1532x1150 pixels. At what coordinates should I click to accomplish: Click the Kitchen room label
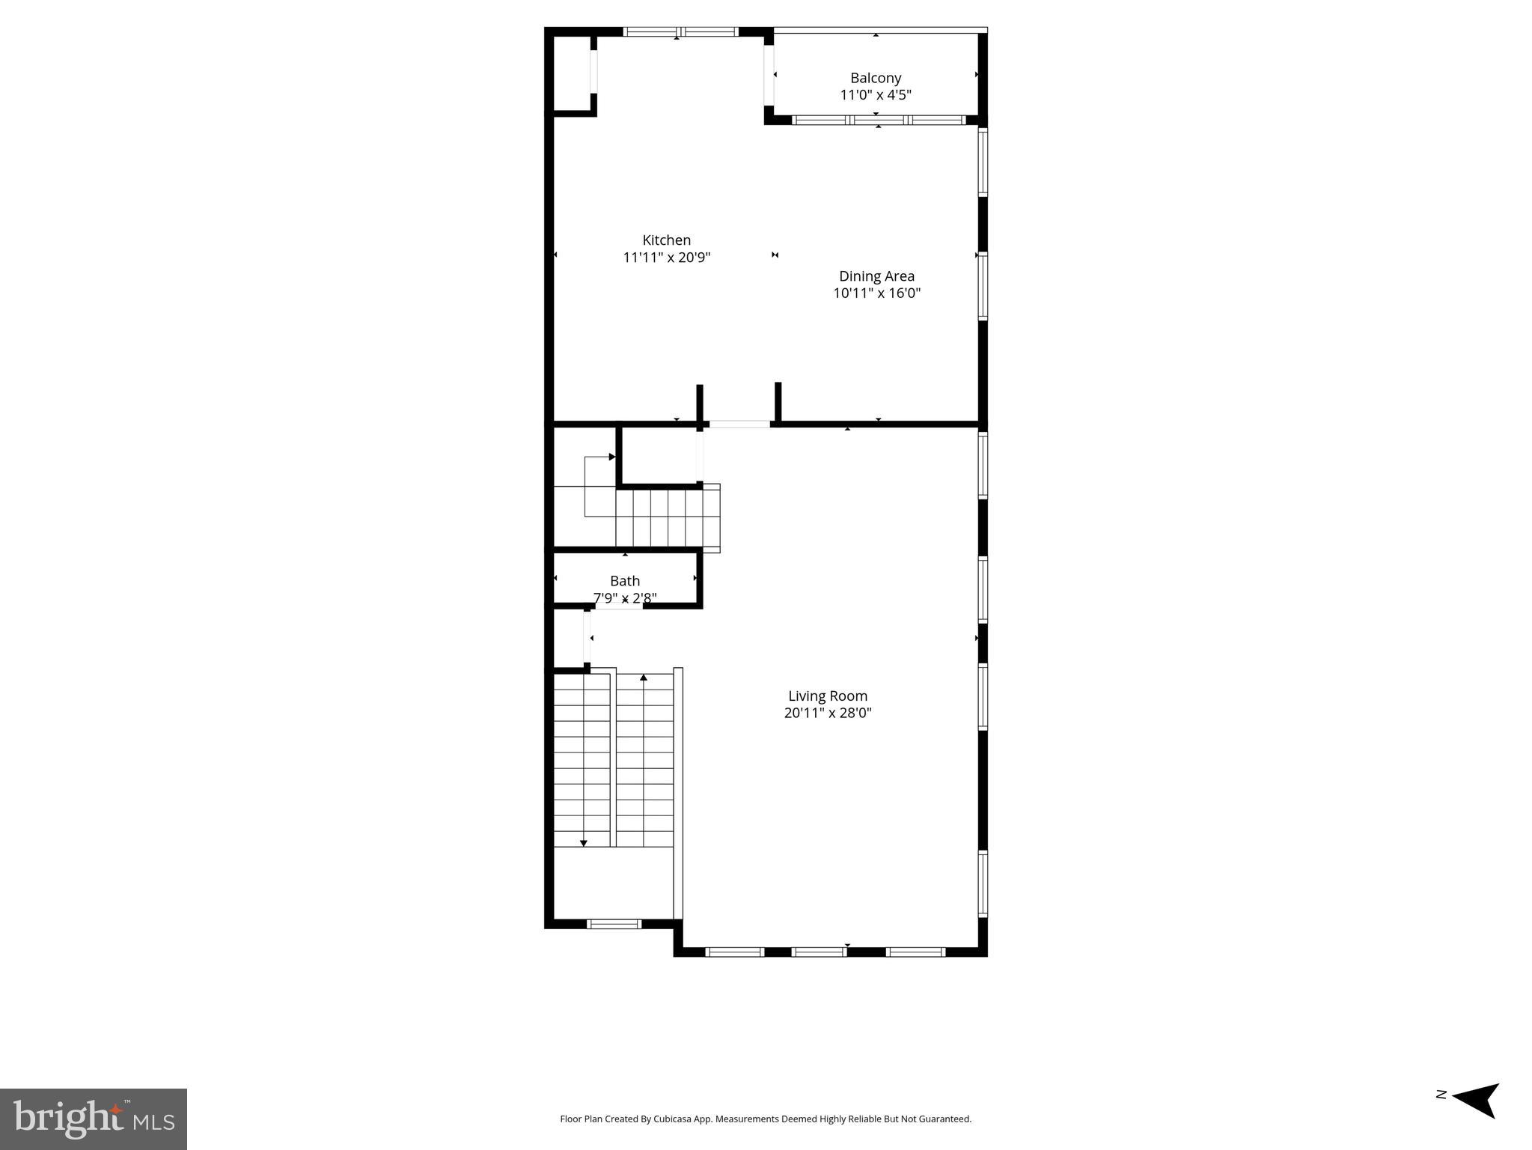tap(666, 240)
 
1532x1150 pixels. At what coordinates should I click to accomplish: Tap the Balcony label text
tap(875, 78)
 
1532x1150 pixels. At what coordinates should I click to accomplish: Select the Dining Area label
tap(876, 276)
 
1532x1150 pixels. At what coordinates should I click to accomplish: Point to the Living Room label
tap(827, 696)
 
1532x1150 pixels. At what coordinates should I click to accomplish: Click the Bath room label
tap(625, 581)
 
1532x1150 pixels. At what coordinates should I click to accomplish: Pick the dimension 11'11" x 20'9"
tap(666, 258)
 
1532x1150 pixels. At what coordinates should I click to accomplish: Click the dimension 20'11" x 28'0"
tap(827, 713)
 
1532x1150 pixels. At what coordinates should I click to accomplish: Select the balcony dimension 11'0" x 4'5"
tap(875, 95)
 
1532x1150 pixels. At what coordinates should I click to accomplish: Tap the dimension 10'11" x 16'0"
tap(876, 293)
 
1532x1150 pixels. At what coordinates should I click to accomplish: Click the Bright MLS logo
tap(94, 1119)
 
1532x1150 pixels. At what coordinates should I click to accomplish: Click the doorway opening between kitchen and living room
tap(739, 425)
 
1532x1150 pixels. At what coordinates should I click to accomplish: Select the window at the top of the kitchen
tap(680, 32)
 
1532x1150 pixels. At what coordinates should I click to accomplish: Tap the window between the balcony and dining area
tap(879, 120)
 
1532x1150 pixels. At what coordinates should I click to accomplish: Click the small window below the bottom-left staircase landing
tap(614, 924)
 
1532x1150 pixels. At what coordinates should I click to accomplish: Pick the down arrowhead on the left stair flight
tap(584, 843)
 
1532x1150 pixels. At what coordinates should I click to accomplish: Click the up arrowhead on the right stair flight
tap(644, 678)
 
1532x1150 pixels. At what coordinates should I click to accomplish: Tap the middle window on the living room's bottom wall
tap(819, 952)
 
